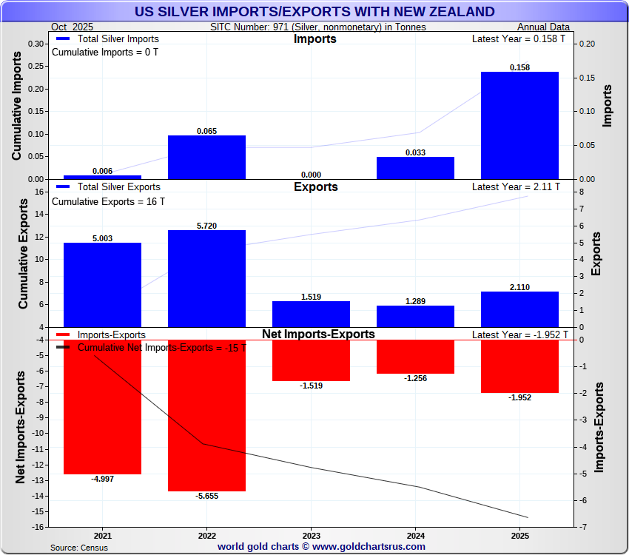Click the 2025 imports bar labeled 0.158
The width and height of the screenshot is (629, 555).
coord(519,125)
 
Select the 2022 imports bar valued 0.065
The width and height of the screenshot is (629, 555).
coord(206,157)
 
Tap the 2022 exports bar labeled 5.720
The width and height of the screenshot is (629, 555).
coord(206,278)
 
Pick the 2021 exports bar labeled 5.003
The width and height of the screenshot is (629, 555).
coord(102,285)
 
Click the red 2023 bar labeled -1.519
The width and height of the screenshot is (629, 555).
coord(311,360)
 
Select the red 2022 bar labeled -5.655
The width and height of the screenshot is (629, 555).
coord(206,415)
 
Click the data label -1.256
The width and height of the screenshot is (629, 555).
coord(415,378)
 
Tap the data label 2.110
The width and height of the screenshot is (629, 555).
coord(519,287)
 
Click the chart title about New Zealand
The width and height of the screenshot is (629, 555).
coord(314,11)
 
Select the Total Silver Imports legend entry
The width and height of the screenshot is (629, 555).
coord(107,39)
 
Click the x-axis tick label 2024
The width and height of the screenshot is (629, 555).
coord(415,535)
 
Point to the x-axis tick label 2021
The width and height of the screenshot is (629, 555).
coord(102,535)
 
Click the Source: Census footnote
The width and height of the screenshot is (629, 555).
coord(79,548)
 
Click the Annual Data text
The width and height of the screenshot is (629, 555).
coord(542,27)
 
